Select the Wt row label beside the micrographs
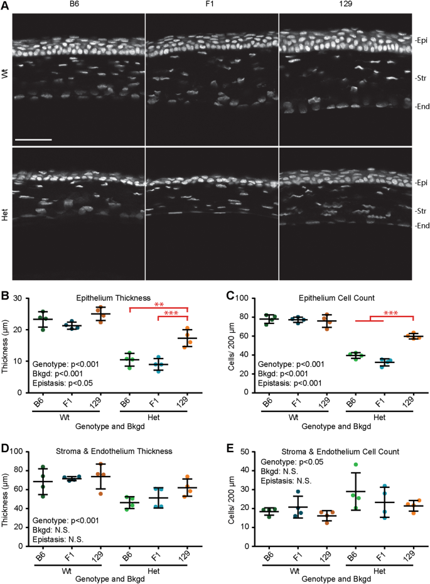5,73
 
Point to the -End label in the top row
422,107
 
